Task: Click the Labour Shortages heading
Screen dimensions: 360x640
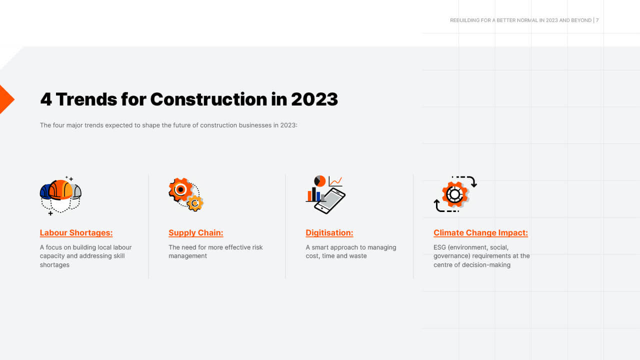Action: [76, 232]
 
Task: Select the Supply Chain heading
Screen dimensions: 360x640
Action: [195, 232]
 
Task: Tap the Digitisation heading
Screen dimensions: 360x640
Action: [329, 232]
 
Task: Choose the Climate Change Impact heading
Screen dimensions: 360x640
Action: [480, 232]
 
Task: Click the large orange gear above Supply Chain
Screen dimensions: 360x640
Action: [180, 189]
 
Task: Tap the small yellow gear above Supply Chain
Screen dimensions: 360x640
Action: [195, 203]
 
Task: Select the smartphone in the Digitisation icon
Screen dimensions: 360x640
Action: [329, 200]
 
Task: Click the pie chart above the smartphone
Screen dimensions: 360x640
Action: [320, 181]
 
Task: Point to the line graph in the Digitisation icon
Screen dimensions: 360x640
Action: [335, 181]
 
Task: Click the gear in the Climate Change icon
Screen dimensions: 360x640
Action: [454, 194]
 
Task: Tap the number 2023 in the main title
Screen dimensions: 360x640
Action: [314, 99]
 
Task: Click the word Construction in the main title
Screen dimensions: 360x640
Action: [208, 99]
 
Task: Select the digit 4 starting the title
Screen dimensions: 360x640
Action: [45, 99]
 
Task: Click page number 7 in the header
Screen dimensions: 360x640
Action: [597, 20]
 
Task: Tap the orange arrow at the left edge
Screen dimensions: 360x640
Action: [5, 99]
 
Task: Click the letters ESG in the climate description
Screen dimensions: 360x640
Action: [440, 247]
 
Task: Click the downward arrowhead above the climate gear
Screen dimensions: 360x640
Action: [473, 184]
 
